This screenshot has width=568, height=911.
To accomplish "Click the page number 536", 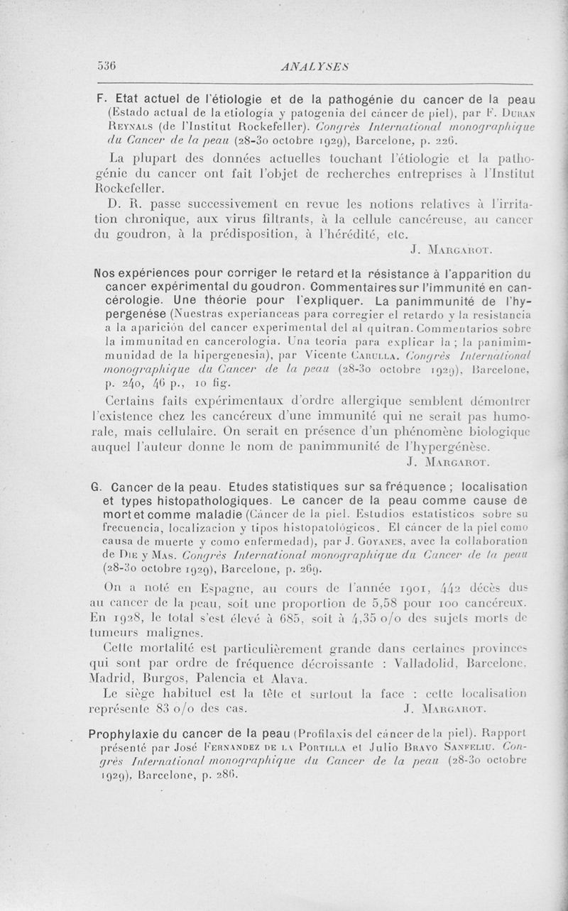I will [x=106, y=66].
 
